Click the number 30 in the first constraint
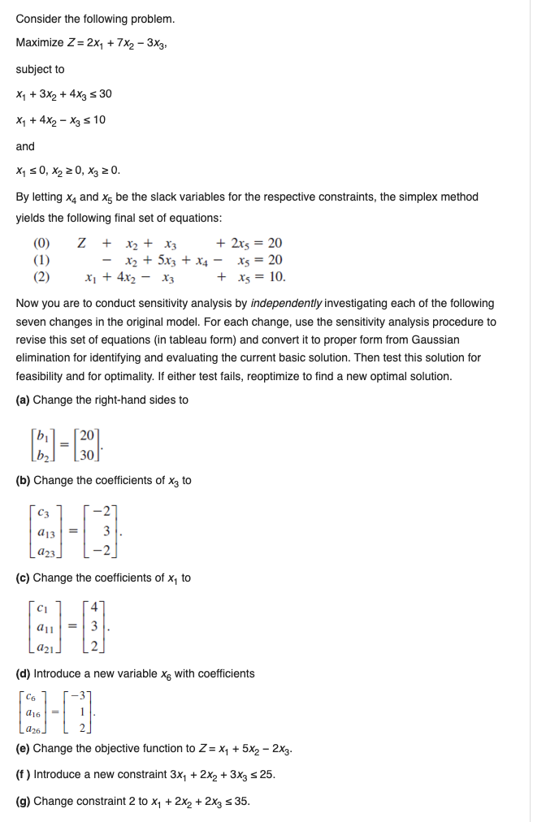coord(105,93)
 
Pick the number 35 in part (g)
coord(242,801)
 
